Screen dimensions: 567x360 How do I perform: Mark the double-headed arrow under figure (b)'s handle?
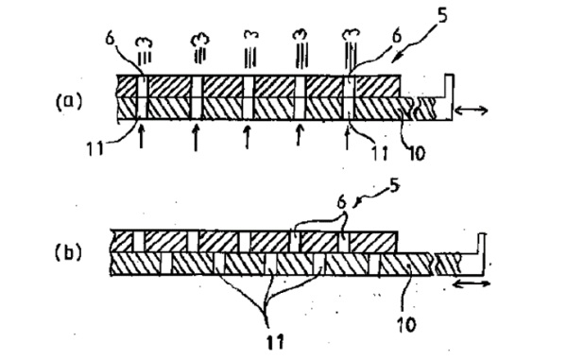coord(472,282)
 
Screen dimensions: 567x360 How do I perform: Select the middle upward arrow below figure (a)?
coord(247,137)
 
